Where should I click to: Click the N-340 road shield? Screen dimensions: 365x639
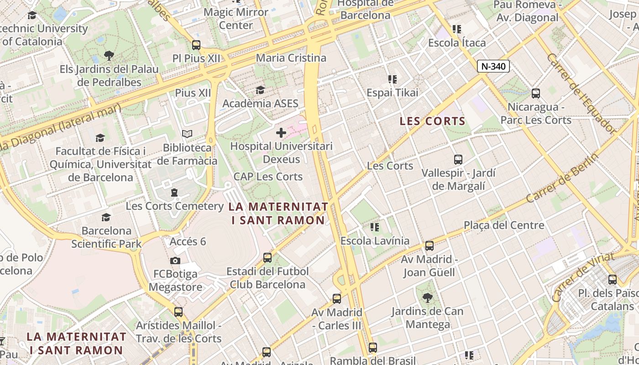click(x=493, y=67)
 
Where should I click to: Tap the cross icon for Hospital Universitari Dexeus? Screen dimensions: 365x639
click(x=281, y=133)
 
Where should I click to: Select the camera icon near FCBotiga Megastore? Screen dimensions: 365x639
click(x=175, y=261)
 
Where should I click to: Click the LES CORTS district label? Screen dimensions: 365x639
click(x=432, y=121)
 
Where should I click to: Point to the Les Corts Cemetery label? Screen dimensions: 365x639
click(x=175, y=206)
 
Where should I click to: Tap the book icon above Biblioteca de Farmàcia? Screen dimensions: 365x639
click(x=187, y=134)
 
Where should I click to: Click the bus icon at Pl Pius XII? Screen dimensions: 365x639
click(x=196, y=45)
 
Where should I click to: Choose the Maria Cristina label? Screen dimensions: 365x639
click(x=291, y=58)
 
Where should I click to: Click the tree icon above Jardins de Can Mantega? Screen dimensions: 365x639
click(x=428, y=298)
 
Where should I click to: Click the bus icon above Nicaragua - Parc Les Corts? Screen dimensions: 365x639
click(x=536, y=94)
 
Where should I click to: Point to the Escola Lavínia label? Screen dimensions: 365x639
click(x=375, y=240)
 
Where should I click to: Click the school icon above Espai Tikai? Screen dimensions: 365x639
click(x=392, y=79)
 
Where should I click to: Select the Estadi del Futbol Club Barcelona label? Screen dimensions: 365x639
click(x=267, y=278)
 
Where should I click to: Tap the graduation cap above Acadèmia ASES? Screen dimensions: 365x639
click(x=260, y=90)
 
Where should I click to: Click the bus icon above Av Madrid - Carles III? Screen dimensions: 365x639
click(x=337, y=299)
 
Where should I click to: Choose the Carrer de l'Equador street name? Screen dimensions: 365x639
click(x=581, y=94)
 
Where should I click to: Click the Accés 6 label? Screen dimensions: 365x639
click(x=188, y=241)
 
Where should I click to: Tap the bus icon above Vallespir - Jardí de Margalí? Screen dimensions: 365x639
click(x=458, y=160)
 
